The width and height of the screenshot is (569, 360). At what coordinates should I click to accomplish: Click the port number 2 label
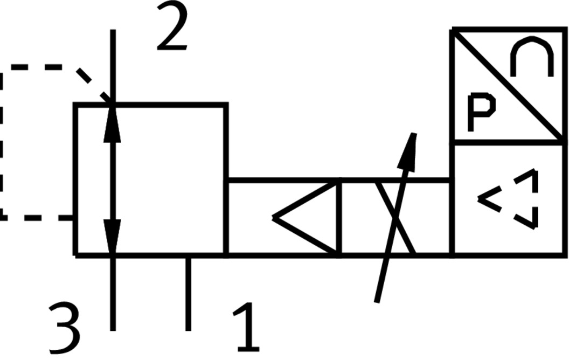pyautogui.click(x=172, y=27)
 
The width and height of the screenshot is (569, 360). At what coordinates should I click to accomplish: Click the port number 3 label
pyautogui.click(x=64, y=327)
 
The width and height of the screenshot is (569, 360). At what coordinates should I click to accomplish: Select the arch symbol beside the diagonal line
pyautogui.click(x=531, y=57)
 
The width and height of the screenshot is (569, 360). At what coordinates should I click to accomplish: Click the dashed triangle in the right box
pyautogui.click(x=512, y=199)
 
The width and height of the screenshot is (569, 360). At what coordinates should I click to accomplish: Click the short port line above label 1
pyautogui.click(x=188, y=294)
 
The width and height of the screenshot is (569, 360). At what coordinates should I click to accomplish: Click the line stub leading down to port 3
pyautogui.click(x=113, y=294)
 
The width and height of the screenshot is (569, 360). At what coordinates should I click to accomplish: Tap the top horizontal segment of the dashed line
pyautogui.click(x=38, y=68)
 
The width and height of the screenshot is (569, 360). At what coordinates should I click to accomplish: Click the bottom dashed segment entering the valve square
pyautogui.click(x=38, y=218)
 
